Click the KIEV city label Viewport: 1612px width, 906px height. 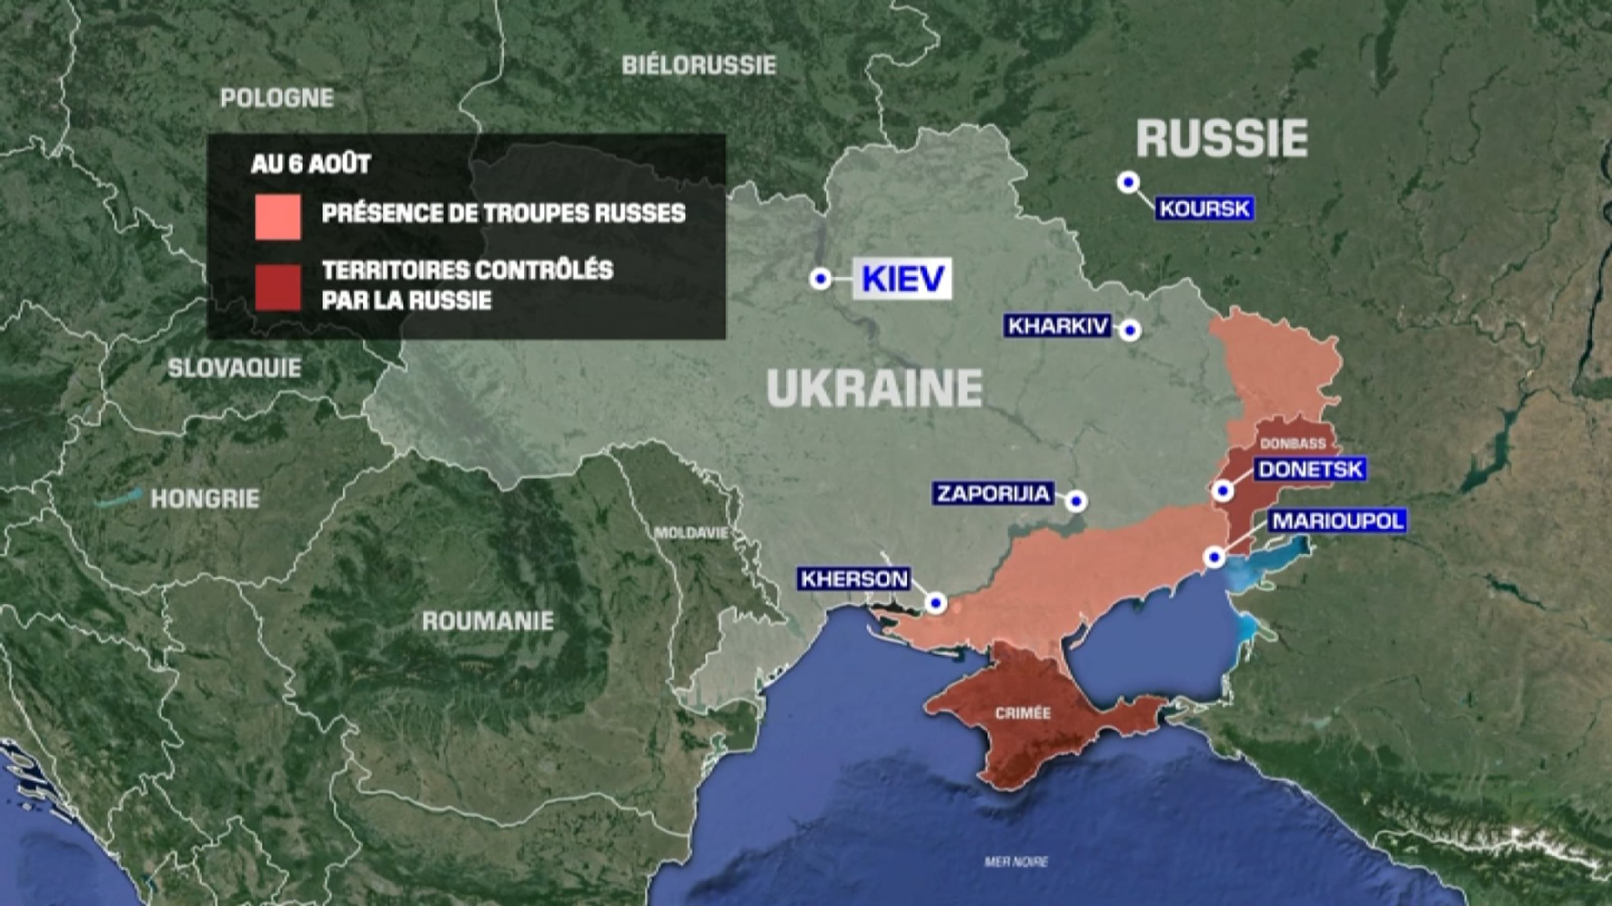902,278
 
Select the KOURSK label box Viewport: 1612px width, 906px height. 1204,208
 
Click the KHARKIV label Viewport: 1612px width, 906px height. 1057,326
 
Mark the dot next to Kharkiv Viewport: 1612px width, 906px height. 1129,330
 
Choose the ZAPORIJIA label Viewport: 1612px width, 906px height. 993,493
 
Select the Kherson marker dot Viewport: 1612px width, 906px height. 936,603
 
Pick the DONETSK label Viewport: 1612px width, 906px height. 1310,469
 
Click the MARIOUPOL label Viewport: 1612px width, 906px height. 1337,520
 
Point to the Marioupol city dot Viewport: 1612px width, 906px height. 1215,557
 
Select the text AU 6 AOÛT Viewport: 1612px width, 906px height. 310,164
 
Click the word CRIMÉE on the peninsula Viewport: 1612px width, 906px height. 1023,713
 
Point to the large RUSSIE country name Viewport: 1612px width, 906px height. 1222,139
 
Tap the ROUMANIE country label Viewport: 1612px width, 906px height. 488,621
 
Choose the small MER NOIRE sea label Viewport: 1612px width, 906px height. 1016,862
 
